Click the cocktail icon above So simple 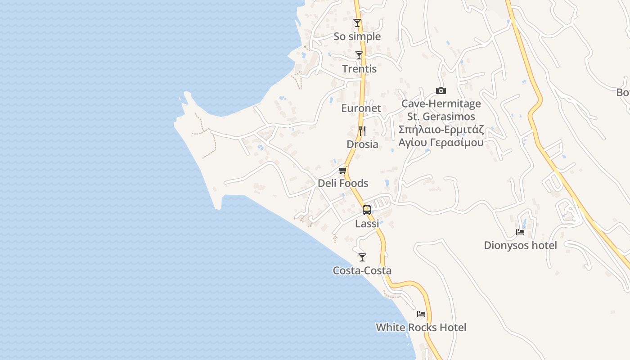pyautogui.click(x=357, y=23)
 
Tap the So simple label pyautogui.click(x=357, y=36)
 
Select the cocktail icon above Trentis pyautogui.click(x=359, y=55)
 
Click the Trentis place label pyautogui.click(x=359, y=69)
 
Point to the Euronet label pyautogui.click(x=361, y=108)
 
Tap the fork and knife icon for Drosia pyautogui.click(x=362, y=131)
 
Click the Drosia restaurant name pyautogui.click(x=362, y=144)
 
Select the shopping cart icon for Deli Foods pyautogui.click(x=343, y=170)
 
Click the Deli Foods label pyautogui.click(x=343, y=183)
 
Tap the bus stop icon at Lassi pyautogui.click(x=367, y=210)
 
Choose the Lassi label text pyautogui.click(x=367, y=223)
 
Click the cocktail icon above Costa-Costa pyautogui.click(x=362, y=257)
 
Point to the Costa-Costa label pyautogui.click(x=362, y=270)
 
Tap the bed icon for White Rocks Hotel pyautogui.click(x=421, y=314)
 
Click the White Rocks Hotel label pyautogui.click(x=421, y=327)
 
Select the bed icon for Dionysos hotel pyautogui.click(x=520, y=232)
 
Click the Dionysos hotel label pyautogui.click(x=520, y=245)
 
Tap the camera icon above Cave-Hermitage pyautogui.click(x=441, y=91)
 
